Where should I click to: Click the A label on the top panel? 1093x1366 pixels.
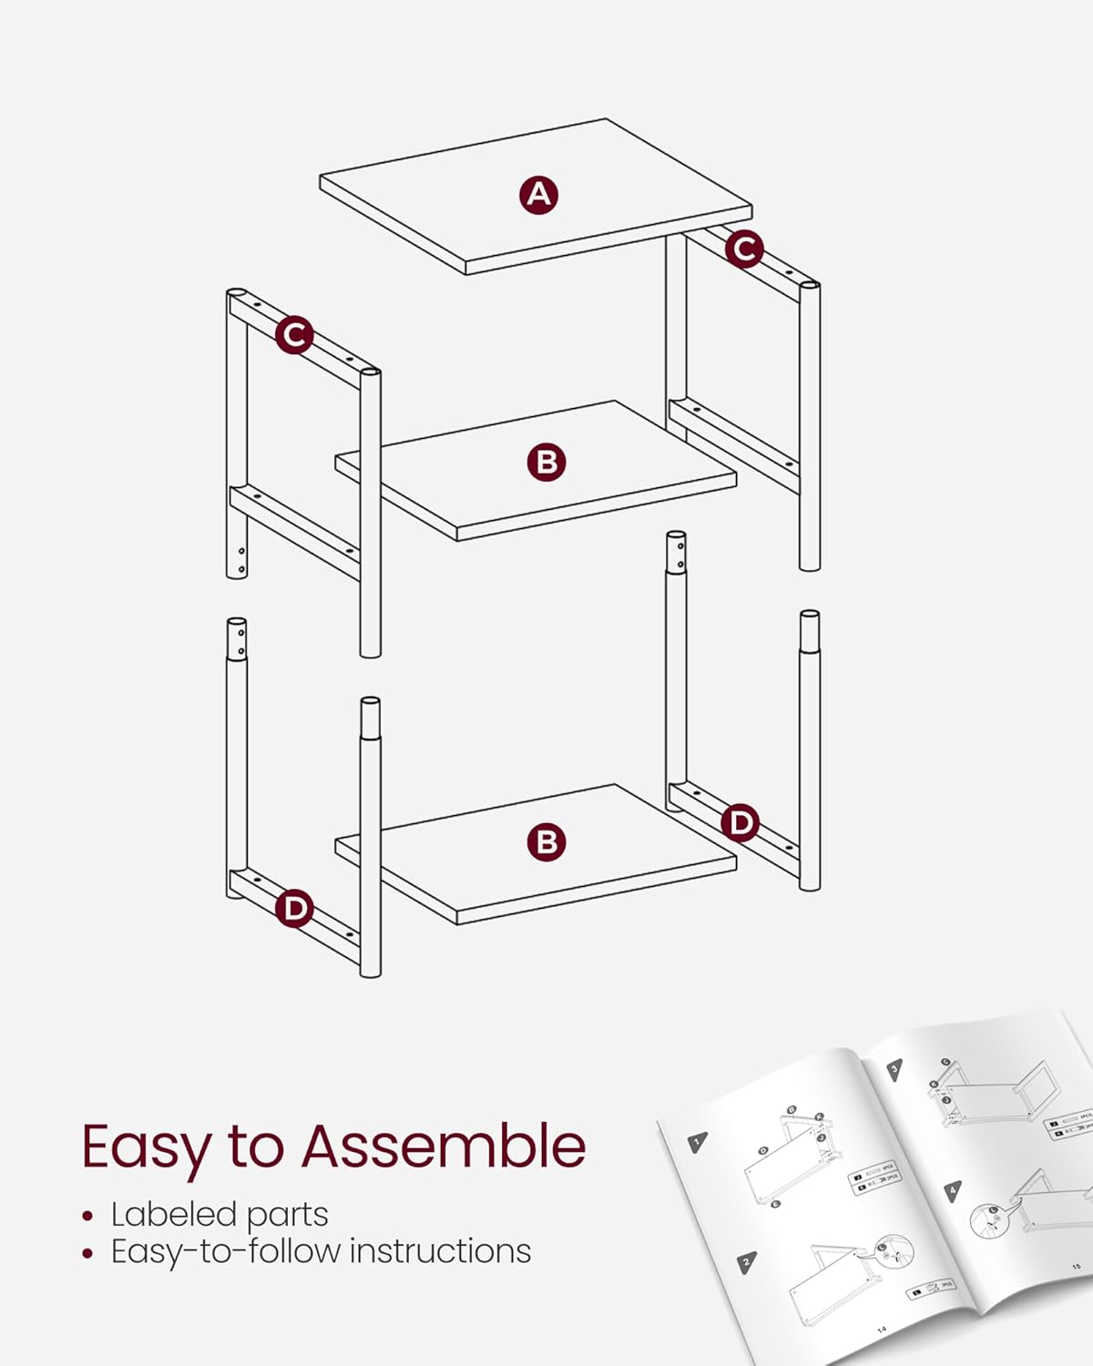pos(539,195)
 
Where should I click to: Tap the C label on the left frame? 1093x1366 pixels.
pos(294,335)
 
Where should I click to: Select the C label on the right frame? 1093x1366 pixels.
pos(744,248)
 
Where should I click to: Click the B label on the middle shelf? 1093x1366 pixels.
pos(546,462)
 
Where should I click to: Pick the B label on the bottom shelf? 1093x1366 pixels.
pos(546,841)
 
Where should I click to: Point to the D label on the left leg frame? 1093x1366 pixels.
pos(294,908)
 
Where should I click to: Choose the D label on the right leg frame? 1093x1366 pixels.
pos(740,823)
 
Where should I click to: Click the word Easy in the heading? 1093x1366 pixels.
pos(146,1147)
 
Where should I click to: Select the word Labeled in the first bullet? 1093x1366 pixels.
pos(173,1214)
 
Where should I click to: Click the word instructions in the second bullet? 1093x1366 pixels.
pos(440,1251)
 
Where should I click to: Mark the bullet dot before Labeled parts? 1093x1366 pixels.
pos(87,1216)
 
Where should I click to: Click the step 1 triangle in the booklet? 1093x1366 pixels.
pos(698,1142)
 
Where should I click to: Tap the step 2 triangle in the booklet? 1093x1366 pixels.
pos(747,1262)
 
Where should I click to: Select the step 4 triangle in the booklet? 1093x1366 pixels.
pos(953,1190)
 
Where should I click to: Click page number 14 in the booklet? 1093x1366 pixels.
pos(882,1330)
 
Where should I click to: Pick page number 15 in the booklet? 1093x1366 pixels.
pos(1076,1266)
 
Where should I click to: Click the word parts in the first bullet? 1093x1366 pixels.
pos(287,1216)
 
